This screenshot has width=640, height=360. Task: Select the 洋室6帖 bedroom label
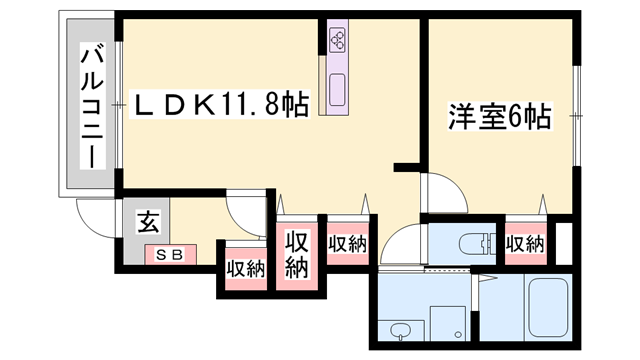pyautogui.click(x=498, y=118)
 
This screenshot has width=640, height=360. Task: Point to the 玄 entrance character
pyautogui.click(x=146, y=224)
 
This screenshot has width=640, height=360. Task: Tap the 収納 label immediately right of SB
pyautogui.click(x=245, y=268)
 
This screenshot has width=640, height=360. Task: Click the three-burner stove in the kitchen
pyautogui.click(x=337, y=42)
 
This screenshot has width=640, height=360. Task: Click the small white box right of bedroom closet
pyautogui.click(x=563, y=243)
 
